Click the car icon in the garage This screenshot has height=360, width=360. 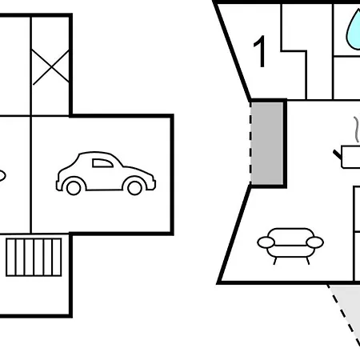click(x=106, y=174)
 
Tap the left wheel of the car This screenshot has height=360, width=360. click(x=74, y=188)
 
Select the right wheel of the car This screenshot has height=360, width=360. click(x=134, y=188)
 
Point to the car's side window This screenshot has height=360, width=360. click(x=102, y=163)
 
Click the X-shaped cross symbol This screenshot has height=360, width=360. click(x=50, y=67)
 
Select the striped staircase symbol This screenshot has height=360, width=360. click(x=34, y=258)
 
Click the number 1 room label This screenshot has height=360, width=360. click(x=260, y=51)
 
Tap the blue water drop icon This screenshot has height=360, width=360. click(x=354, y=30)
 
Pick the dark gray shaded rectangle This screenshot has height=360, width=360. click(x=267, y=143)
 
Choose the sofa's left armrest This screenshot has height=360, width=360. click(x=266, y=242)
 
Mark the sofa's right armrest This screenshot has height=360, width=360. click(x=315, y=242)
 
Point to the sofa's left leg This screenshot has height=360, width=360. click(x=275, y=261)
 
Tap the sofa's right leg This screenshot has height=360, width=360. click(x=308, y=261)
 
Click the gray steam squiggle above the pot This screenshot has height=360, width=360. click(x=357, y=130)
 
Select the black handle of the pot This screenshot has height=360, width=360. click(x=338, y=154)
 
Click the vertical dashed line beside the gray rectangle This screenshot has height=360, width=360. click(x=250, y=143)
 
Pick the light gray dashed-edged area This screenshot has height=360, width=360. click(x=346, y=312)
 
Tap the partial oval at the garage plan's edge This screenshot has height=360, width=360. click(x=2, y=176)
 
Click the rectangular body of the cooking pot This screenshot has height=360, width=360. click(x=350, y=157)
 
